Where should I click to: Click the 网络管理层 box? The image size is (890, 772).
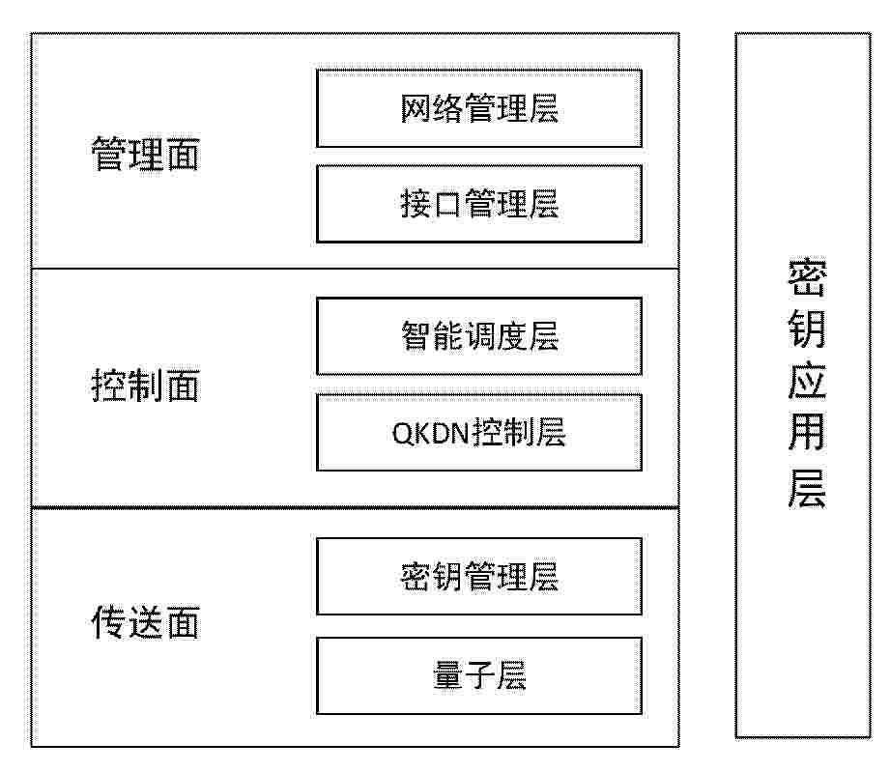click(479, 108)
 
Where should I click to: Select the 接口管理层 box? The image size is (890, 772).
click(479, 204)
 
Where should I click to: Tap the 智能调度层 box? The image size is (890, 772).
click(479, 336)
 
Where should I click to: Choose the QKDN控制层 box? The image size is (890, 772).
click(479, 432)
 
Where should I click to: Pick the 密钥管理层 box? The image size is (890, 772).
click(479, 576)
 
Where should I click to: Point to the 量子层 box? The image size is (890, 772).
click(479, 675)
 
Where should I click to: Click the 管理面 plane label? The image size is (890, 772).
click(145, 154)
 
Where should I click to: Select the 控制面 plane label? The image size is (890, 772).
click(145, 386)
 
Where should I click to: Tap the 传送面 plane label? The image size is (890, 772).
click(145, 622)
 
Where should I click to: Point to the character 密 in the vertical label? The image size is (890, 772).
click(807, 277)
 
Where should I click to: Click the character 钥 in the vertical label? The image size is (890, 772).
click(807, 329)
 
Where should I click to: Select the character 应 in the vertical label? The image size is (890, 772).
click(807, 381)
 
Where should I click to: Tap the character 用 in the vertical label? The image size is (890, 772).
click(807, 433)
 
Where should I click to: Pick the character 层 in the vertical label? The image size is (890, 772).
click(807, 487)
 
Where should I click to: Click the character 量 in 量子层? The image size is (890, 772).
click(448, 675)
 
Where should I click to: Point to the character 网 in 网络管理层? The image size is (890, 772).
click(416, 108)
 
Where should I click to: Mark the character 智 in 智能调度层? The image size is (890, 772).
click(416, 336)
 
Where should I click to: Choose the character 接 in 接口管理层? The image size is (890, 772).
click(416, 204)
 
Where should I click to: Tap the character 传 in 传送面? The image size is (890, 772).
click(108, 622)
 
